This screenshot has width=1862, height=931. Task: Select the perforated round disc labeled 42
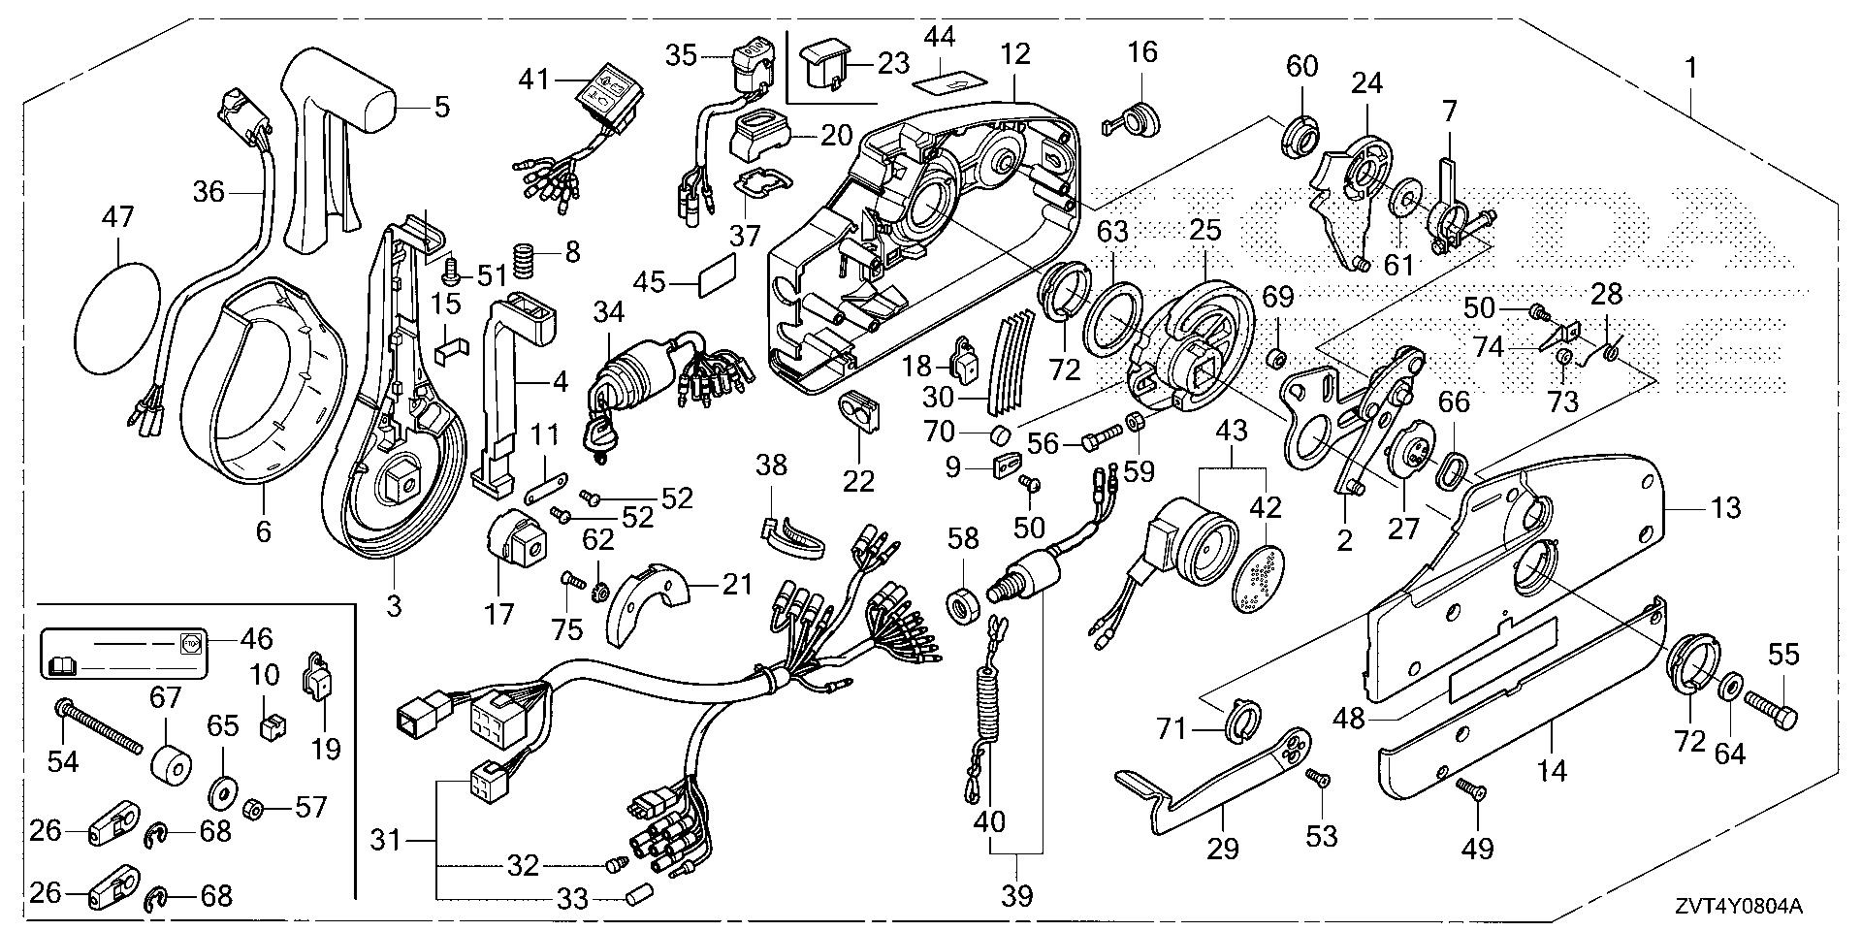(1264, 579)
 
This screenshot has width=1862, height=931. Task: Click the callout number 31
(387, 840)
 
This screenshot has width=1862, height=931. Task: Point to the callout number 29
(1223, 850)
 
